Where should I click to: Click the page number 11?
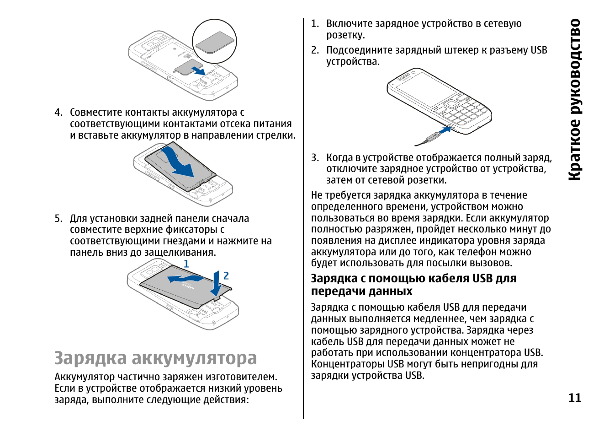click(574, 398)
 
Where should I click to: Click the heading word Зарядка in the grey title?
click(90, 358)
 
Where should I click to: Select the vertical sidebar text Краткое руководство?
click(574, 100)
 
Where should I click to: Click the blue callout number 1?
click(186, 264)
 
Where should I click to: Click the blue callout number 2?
click(226, 275)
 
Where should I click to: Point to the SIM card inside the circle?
click(215, 42)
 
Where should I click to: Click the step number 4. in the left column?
click(58, 113)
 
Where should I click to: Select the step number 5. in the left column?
click(58, 219)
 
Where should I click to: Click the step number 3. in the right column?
click(315, 158)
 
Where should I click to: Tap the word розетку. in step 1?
click(345, 35)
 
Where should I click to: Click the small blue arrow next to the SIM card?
click(198, 70)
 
